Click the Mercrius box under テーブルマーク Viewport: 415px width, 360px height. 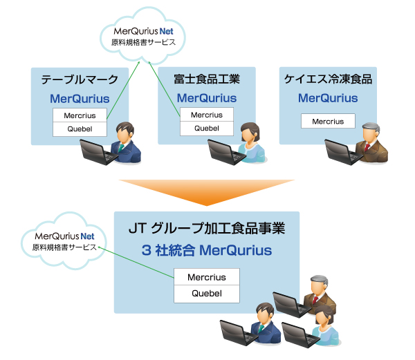click(x=80, y=115)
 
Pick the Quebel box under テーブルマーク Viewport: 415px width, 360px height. click(x=80, y=129)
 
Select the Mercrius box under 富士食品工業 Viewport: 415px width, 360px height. click(x=206, y=115)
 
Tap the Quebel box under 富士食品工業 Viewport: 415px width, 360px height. click(x=206, y=129)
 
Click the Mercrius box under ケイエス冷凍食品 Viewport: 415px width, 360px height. click(x=328, y=122)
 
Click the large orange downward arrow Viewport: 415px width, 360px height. click(x=206, y=191)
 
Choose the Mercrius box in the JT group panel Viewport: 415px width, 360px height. click(x=206, y=278)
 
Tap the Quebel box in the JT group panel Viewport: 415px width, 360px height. click(x=206, y=294)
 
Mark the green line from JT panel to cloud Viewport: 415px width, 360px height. click(x=138, y=263)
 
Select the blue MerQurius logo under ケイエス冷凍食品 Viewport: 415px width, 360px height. click(x=328, y=98)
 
